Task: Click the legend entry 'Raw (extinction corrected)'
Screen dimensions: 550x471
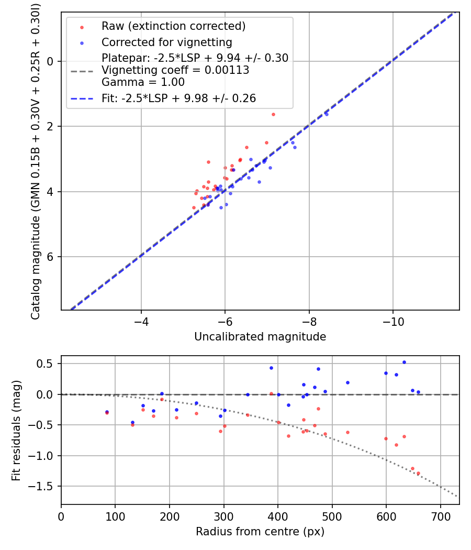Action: pos(173,26)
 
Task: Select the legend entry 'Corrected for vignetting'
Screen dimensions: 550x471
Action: pos(167,42)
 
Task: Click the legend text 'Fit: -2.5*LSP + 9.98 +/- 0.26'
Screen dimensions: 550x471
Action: pos(178,98)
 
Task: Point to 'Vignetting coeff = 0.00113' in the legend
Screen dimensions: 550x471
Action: pos(175,70)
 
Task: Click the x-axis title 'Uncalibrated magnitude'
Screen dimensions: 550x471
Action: pos(260,337)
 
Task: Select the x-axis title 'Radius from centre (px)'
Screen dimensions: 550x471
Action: pos(260,532)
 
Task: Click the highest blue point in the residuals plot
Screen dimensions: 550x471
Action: pos(404,362)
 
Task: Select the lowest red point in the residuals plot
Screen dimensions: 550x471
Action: pos(418,473)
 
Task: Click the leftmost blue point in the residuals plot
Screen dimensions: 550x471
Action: pos(107,412)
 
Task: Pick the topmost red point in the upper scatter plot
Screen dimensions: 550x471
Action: pos(273,114)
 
